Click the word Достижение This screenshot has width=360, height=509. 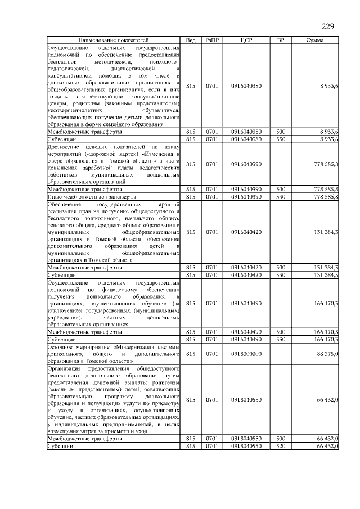click(64, 146)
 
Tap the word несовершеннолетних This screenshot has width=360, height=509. click(73, 111)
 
